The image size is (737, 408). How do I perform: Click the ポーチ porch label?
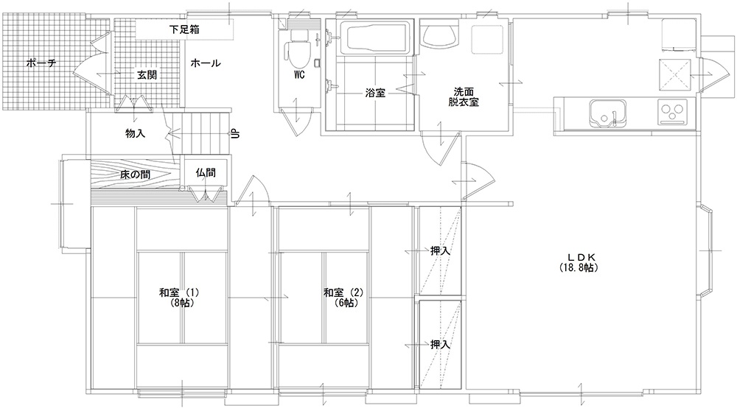[41, 63]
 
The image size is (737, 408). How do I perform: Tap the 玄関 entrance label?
[147, 74]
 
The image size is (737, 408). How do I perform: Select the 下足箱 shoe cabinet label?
[184, 29]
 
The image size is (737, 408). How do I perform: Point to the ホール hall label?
[206, 63]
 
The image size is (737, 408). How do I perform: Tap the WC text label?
[299, 74]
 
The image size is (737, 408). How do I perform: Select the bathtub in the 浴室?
[375, 38]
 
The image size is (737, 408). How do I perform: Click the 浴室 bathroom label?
[375, 93]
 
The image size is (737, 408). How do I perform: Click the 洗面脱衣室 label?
[464, 96]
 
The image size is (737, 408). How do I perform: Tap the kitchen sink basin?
[608, 113]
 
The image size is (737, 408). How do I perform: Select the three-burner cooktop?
[672, 112]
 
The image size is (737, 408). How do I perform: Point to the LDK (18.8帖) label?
[578, 262]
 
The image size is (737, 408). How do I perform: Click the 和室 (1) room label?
[179, 298]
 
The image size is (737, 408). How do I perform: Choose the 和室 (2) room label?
[343, 298]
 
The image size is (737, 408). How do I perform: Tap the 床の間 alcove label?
[136, 175]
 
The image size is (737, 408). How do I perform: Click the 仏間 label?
[206, 172]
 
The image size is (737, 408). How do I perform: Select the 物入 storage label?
[136, 133]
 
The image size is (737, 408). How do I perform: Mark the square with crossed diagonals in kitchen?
[675, 74]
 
